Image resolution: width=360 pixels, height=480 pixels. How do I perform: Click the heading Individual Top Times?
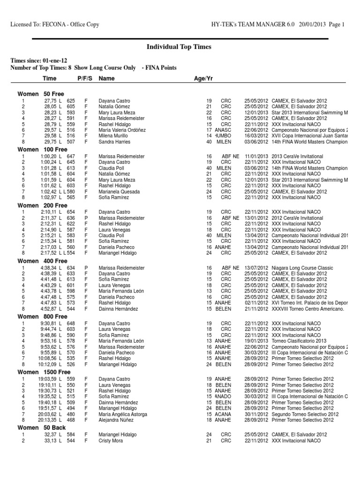180,47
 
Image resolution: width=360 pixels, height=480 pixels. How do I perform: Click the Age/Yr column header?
203,79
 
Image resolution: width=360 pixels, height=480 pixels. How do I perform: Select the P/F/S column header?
85,79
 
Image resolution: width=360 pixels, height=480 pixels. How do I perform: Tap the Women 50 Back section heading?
42,427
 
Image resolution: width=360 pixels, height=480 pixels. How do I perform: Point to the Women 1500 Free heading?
44,372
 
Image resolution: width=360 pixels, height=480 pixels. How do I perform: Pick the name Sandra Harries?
114,142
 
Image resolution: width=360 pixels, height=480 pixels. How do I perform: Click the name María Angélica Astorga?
123,414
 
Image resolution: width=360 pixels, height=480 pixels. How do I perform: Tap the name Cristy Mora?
111,441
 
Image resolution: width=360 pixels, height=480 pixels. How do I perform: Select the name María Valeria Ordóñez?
122,130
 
